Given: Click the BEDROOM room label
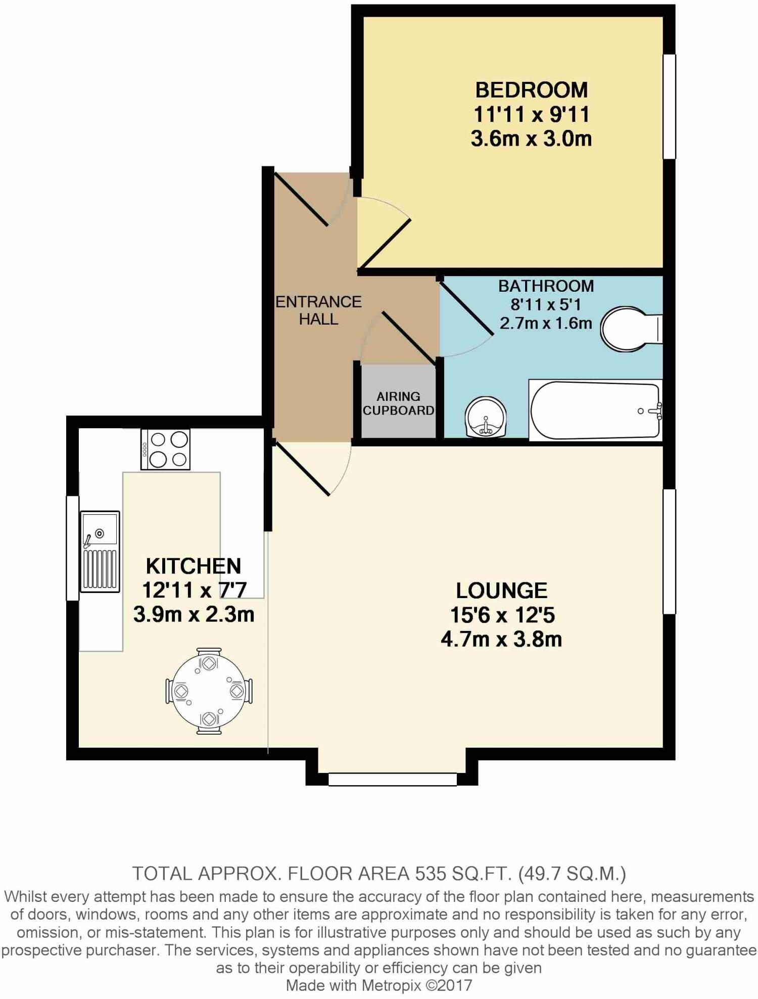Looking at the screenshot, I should [x=531, y=90].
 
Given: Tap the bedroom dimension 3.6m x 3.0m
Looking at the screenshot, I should [x=531, y=139].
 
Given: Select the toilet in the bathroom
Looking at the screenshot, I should [x=629, y=329].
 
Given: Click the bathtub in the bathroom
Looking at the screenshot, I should [x=595, y=410].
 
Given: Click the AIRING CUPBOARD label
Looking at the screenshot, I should [x=398, y=403].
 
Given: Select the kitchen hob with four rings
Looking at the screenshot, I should [x=165, y=449].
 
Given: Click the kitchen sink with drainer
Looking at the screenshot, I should [x=100, y=551].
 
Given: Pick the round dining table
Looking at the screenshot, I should [x=209, y=691].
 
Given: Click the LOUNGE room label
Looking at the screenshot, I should [x=501, y=591].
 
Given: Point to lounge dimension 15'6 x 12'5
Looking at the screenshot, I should [x=502, y=615].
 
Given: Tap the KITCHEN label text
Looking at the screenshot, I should [x=193, y=566].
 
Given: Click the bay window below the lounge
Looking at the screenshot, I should [x=392, y=779].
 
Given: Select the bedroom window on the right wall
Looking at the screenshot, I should [x=669, y=107].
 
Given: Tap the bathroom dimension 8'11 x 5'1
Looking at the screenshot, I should [x=546, y=304].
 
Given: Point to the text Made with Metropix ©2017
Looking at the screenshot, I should [x=379, y=985].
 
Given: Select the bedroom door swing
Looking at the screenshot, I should [x=384, y=233].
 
